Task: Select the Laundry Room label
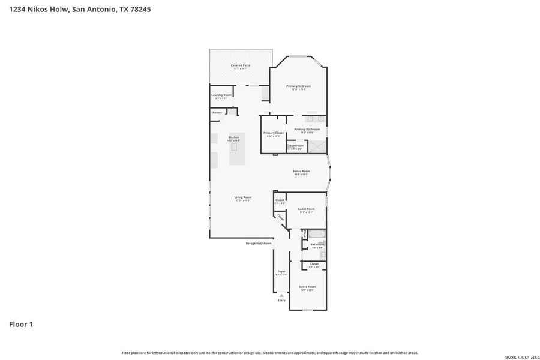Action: pyautogui.click(x=221, y=96)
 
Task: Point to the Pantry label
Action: pyautogui.click(x=217, y=112)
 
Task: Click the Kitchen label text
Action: pyautogui.click(x=233, y=137)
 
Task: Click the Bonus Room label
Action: pyautogui.click(x=301, y=172)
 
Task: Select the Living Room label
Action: pyautogui.click(x=242, y=197)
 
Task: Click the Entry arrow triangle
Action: pyautogui.click(x=281, y=295)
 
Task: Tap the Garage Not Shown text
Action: pyautogui.click(x=259, y=243)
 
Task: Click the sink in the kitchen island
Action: pyautogui.click(x=234, y=146)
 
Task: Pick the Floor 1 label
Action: pyautogui.click(x=21, y=324)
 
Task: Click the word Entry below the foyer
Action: pyautogui.click(x=281, y=300)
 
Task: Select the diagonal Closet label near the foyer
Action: pyautogui.click(x=280, y=218)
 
